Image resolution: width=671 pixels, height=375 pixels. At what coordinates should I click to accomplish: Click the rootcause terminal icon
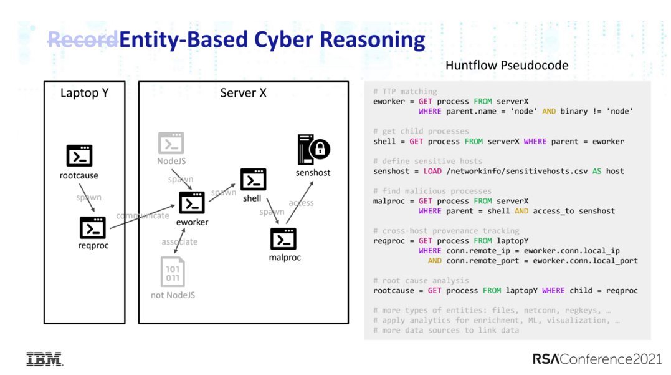coord(79,156)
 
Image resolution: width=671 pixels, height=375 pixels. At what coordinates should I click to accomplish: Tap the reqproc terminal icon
coord(93,228)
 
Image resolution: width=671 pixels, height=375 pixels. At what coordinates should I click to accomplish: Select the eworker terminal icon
coord(192,203)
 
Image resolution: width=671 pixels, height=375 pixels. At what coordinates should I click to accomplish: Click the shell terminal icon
coord(253,180)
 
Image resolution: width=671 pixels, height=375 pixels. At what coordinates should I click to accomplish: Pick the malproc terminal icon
coord(283,239)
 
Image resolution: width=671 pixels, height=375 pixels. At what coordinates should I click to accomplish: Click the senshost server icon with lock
coord(313,150)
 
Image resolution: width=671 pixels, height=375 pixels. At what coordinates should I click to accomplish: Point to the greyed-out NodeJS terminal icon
coord(171,144)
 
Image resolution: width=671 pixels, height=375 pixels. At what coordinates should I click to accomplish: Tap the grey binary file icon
coord(173,272)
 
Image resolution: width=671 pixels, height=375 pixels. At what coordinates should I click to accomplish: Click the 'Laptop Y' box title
coord(84,93)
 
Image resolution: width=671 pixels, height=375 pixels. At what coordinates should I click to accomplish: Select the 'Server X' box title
coord(243,93)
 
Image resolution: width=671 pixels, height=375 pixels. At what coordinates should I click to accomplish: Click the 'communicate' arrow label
coord(143,216)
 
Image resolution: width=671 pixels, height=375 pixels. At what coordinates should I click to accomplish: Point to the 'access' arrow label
coord(301,203)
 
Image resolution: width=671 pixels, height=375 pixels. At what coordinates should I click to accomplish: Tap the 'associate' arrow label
coord(179,241)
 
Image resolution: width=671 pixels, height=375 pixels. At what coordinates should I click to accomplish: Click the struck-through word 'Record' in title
coord(82,40)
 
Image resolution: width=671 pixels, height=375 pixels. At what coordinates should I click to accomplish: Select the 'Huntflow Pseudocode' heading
coord(507,65)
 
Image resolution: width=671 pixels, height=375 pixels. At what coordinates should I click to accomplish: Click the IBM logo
coord(44,359)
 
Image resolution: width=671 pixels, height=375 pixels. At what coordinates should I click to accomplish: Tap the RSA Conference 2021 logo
coord(597,359)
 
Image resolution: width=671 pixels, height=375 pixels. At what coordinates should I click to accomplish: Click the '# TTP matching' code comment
coord(405,91)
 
